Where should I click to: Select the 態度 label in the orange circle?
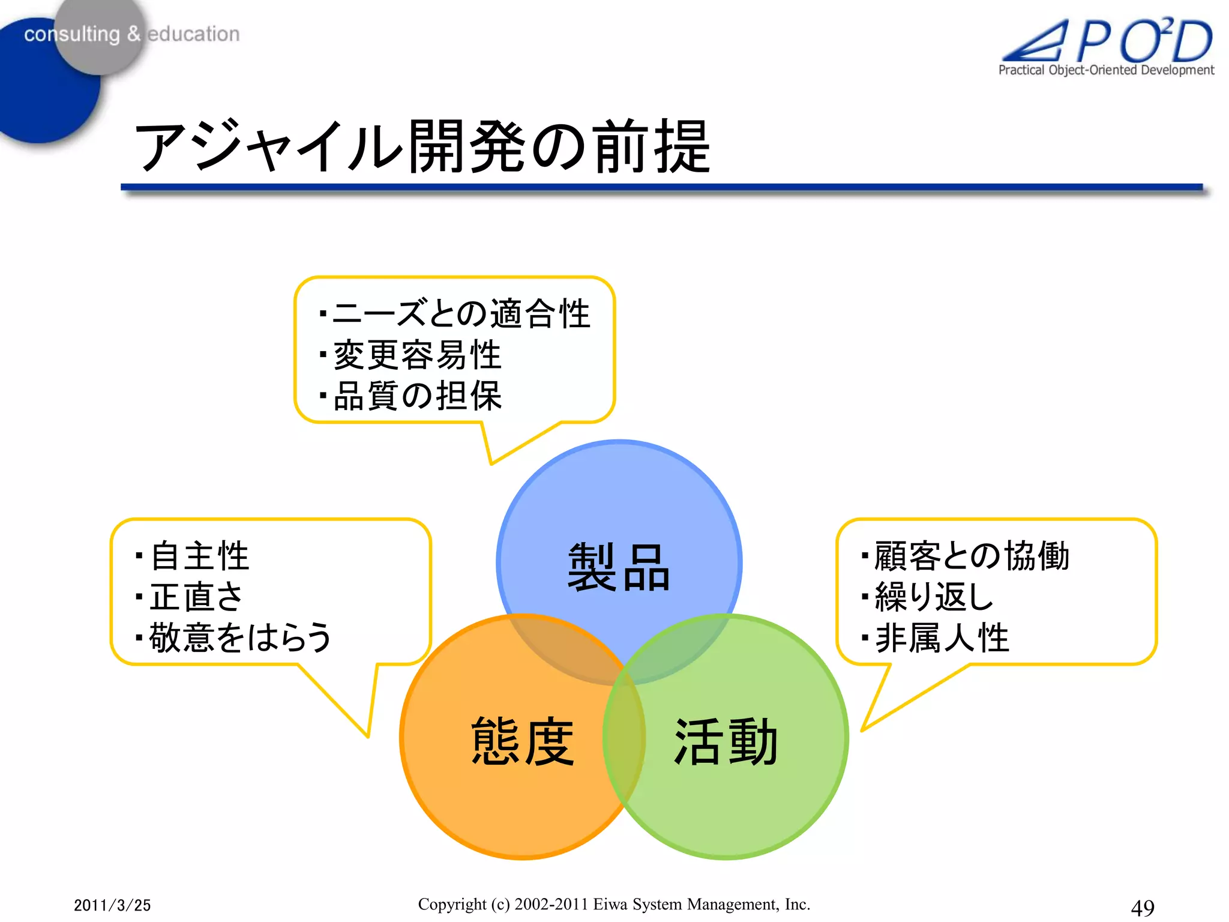[522, 741]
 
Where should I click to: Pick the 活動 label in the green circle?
[726, 741]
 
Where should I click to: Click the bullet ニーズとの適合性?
[461, 314]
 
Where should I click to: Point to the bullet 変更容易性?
[416, 355]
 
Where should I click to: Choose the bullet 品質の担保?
[416, 396]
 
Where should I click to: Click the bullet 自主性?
[199, 556]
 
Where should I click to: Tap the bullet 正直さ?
[196, 597]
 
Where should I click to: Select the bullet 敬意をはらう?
[240, 637]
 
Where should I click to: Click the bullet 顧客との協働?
[971, 556]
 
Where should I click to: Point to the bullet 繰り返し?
[934, 597]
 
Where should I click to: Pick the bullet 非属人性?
[942, 637]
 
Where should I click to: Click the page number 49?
[1142, 907]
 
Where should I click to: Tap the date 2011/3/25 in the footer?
[112, 905]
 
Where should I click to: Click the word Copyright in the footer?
[452, 904]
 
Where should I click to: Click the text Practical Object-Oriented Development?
[1106, 70]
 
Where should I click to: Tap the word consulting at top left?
[72, 34]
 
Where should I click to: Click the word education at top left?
[193, 34]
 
